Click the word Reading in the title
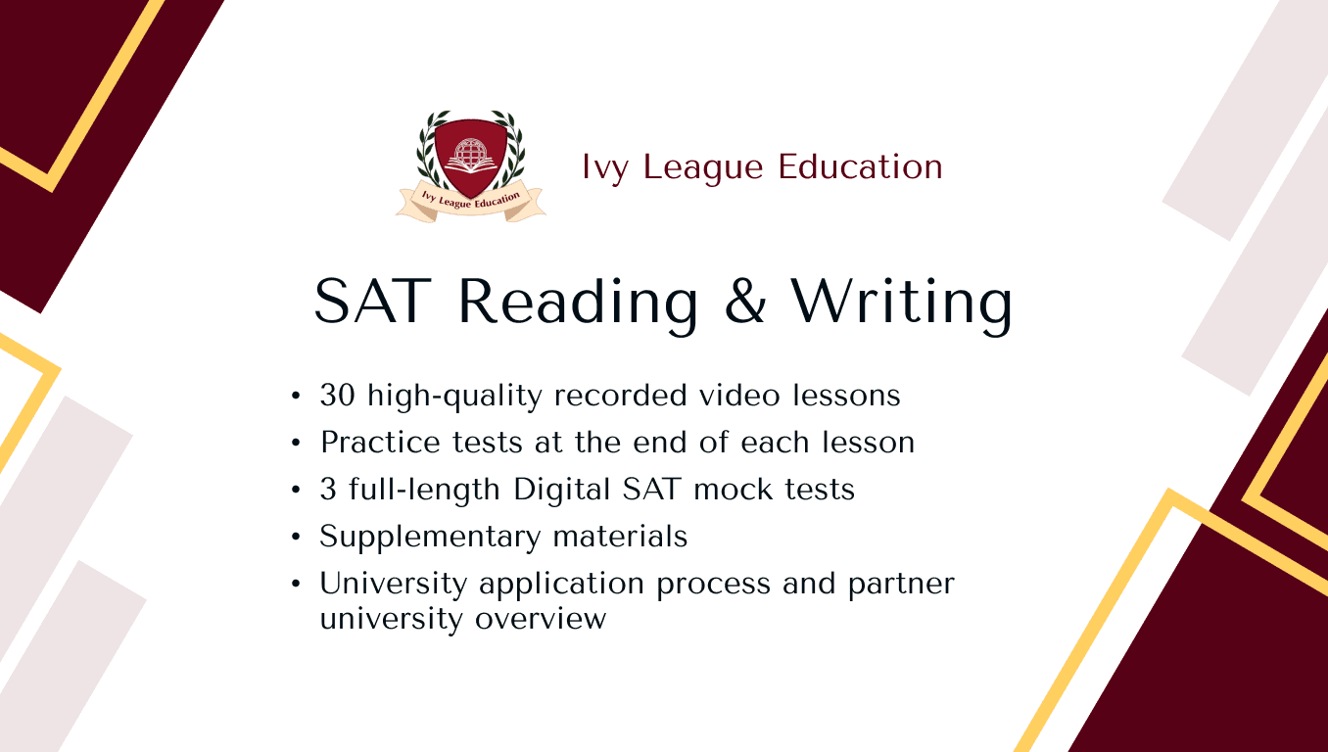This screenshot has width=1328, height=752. pos(577,302)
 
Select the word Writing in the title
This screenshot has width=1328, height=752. pos(901,302)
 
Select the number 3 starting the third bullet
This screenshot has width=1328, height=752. pos(328,490)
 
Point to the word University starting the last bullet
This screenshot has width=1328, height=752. pos(393,585)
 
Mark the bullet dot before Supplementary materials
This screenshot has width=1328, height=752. pos(297,538)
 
